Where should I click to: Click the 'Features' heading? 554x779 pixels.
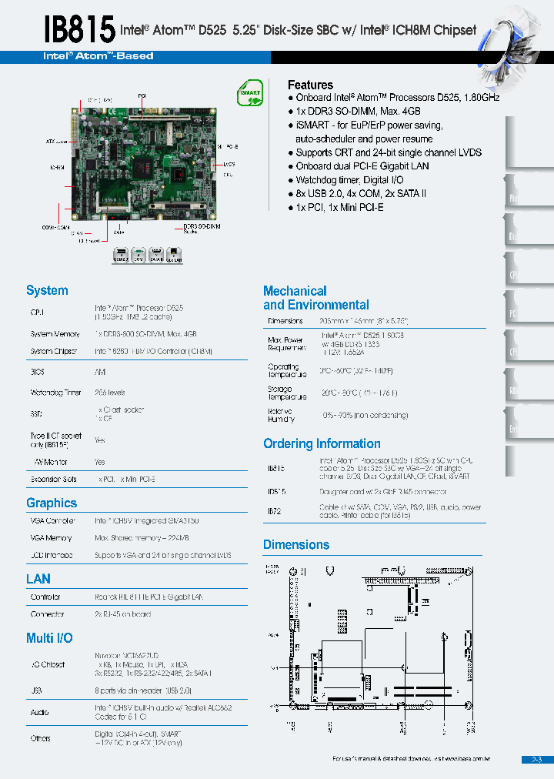pos(310,85)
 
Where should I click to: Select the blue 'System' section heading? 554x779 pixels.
pos(47,290)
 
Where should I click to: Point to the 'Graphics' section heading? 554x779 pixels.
pos(52,503)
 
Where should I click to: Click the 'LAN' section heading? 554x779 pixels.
pos(38,578)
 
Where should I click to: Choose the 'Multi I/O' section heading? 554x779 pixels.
pos(50,637)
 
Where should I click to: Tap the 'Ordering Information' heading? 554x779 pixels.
pos(322,443)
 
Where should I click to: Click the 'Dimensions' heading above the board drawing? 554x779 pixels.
pos(296,544)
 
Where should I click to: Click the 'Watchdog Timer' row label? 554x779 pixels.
pos(55,393)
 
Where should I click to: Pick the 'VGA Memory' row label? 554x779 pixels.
pos(51,538)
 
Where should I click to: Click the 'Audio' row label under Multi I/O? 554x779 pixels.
pos(40,711)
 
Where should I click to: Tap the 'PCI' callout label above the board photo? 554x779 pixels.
pos(142,95)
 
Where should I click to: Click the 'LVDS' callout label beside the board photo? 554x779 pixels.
pos(229,164)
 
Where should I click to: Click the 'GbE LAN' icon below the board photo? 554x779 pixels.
pos(175,256)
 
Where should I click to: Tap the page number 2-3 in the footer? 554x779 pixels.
pos(537,760)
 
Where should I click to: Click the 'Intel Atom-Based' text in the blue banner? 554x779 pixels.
pos(98,56)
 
